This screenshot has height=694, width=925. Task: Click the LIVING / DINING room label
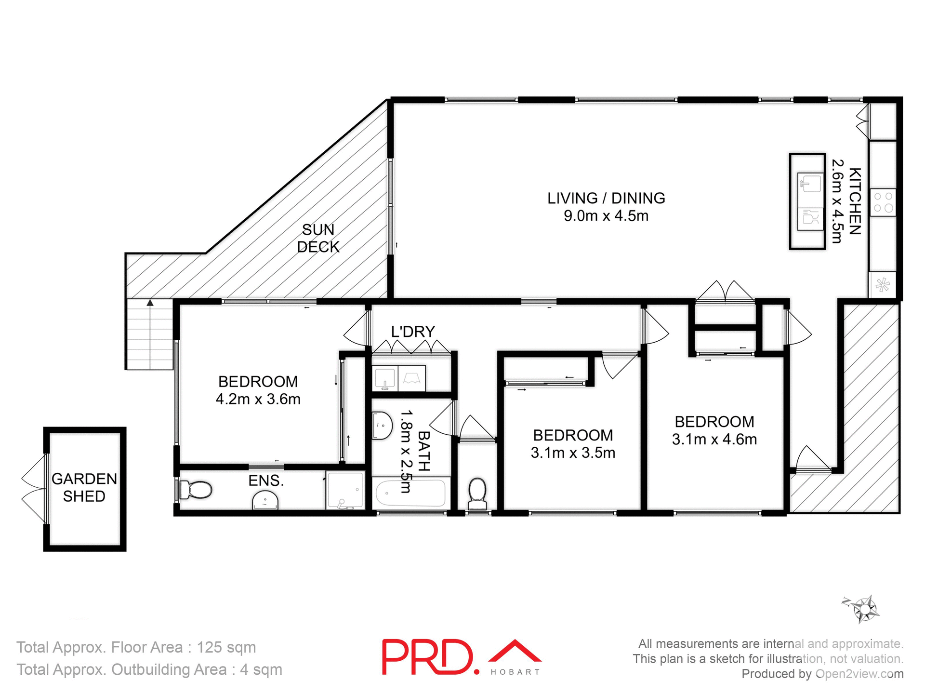pyautogui.click(x=606, y=198)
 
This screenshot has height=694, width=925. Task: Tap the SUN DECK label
pyautogui.click(x=318, y=238)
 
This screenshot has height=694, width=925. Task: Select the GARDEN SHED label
pyautogui.click(x=84, y=487)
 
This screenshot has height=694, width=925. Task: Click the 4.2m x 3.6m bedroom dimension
pyautogui.click(x=258, y=399)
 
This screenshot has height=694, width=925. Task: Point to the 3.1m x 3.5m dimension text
pyautogui.click(x=573, y=453)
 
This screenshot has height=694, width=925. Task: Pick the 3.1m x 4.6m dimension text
pyautogui.click(x=714, y=439)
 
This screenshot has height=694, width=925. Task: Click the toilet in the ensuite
pyautogui.click(x=196, y=490)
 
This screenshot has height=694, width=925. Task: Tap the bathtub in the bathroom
pyautogui.click(x=410, y=493)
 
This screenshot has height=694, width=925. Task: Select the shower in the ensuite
pyautogui.click(x=344, y=490)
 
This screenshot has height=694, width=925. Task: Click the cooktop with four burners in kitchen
pyautogui.click(x=883, y=202)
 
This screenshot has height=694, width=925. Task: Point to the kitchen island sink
pyautogui.click(x=810, y=183)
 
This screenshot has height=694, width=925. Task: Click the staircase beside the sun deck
pyautogui.click(x=150, y=334)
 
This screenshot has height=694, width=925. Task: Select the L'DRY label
pyautogui.click(x=413, y=332)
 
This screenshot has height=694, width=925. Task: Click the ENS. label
pyautogui.click(x=265, y=480)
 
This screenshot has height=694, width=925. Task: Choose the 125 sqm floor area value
pyautogui.click(x=226, y=647)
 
